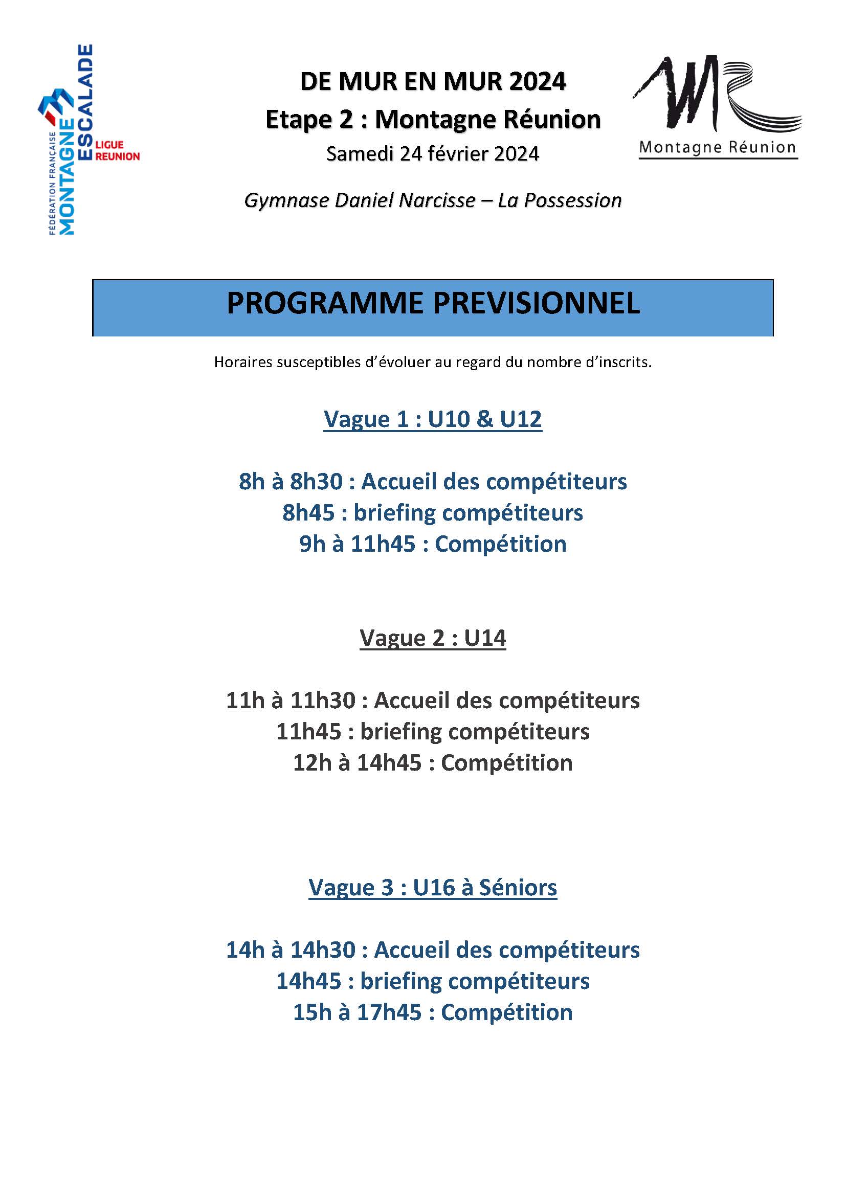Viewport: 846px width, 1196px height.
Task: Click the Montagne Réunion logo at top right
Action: [x=718, y=107]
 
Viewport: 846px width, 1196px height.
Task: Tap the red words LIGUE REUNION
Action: [x=117, y=150]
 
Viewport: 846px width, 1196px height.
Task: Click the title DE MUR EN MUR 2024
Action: [x=432, y=82]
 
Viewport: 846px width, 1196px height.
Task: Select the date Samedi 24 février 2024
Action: [x=432, y=154]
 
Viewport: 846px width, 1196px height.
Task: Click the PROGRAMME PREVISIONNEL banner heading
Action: [x=432, y=303]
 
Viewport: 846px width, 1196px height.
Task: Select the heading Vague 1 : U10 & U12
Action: [x=432, y=419]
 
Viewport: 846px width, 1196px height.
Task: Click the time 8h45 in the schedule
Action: [x=308, y=513]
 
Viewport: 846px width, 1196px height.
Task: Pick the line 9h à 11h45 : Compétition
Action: [x=432, y=545]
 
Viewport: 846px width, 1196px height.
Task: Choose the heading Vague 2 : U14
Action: [x=432, y=638]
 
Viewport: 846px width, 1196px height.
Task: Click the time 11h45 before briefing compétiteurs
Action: [x=308, y=732]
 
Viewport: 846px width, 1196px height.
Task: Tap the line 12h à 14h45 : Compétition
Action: [x=432, y=763]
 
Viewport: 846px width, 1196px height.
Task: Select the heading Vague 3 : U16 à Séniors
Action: [x=432, y=888]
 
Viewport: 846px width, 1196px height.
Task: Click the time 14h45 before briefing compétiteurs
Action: [x=308, y=981]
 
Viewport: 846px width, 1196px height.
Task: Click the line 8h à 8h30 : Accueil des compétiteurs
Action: [x=432, y=482]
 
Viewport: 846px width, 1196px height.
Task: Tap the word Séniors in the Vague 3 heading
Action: [x=517, y=888]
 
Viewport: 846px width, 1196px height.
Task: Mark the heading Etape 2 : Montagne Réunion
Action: [x=432, y=120]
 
